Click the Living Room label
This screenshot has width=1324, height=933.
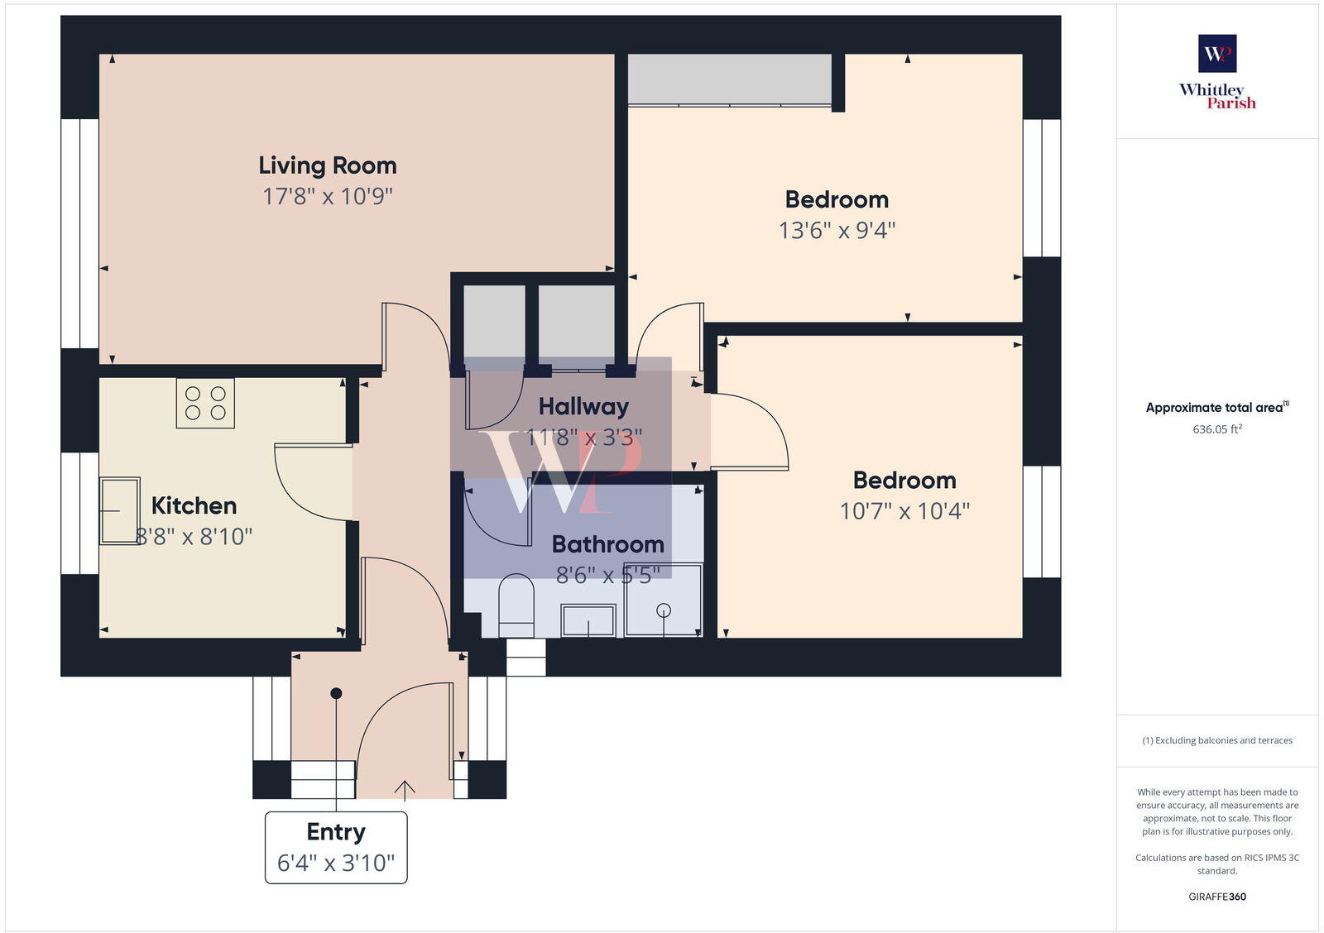[x=328, y=165]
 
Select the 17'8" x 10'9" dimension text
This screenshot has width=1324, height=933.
[x=328, y=197]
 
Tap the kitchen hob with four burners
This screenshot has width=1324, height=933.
[x=205, y=403]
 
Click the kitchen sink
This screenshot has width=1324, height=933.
[x=119, y=510]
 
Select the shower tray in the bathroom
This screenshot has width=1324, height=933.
[x=664, y=600]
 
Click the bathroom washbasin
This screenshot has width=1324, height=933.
[x=588, y=620]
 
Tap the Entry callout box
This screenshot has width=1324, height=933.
[x=336, y=848]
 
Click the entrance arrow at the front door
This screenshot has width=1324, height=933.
[x=405, y=791]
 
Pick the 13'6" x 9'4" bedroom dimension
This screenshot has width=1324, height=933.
[x=837, y=230]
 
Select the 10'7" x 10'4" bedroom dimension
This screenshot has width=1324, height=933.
[x=904, y=511]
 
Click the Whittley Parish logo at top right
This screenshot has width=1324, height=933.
[x=1217, y=72]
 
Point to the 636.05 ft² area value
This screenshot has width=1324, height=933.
[x=1217, y=429]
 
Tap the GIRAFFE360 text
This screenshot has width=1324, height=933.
[x=1217, y=897]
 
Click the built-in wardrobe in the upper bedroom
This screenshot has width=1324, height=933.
[x=729, y=79]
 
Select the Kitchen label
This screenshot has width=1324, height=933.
[x=194, y=505]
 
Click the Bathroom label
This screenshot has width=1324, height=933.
[x=608, y=544]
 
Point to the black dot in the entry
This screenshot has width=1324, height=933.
[x=336, y=693]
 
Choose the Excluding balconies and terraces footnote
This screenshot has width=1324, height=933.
[x=1217, y=740]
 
